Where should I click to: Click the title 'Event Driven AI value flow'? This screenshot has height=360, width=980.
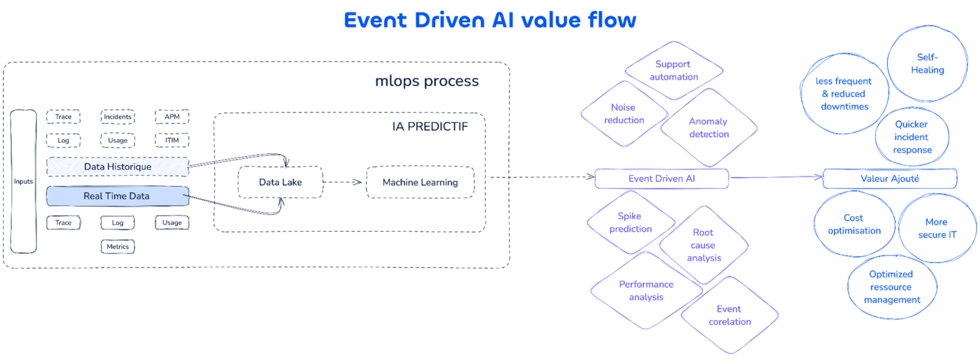click(489, 20)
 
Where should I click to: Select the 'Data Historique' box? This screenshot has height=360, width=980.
click(118, 167)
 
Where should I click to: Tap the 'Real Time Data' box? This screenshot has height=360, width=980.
click(118, 196)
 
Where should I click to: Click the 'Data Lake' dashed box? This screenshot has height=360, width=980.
click(280, 182)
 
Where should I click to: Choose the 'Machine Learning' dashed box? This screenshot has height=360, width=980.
click(419, 182)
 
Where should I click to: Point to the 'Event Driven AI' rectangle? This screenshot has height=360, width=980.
click(661, 178)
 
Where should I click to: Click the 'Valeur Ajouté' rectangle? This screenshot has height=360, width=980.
click(889, 178)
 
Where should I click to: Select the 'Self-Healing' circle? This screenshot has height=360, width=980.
click(927, 64)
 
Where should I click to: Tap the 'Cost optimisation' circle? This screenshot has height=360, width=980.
click(854, 224)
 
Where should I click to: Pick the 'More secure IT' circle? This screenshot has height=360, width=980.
click(936, 228)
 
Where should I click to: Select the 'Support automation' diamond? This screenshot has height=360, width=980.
click(676, 71)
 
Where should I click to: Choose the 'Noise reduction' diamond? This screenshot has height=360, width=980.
click(623, 114)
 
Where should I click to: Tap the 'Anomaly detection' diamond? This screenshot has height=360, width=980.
click(708, 128)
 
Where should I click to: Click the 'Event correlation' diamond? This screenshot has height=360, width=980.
click(729, 316)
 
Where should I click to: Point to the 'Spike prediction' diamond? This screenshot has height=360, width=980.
click(630, 223)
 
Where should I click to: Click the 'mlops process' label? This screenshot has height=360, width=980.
click(427, 82)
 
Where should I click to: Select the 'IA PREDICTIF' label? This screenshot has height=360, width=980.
click(430, 126)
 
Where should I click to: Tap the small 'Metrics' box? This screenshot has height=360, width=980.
click(118, 246)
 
